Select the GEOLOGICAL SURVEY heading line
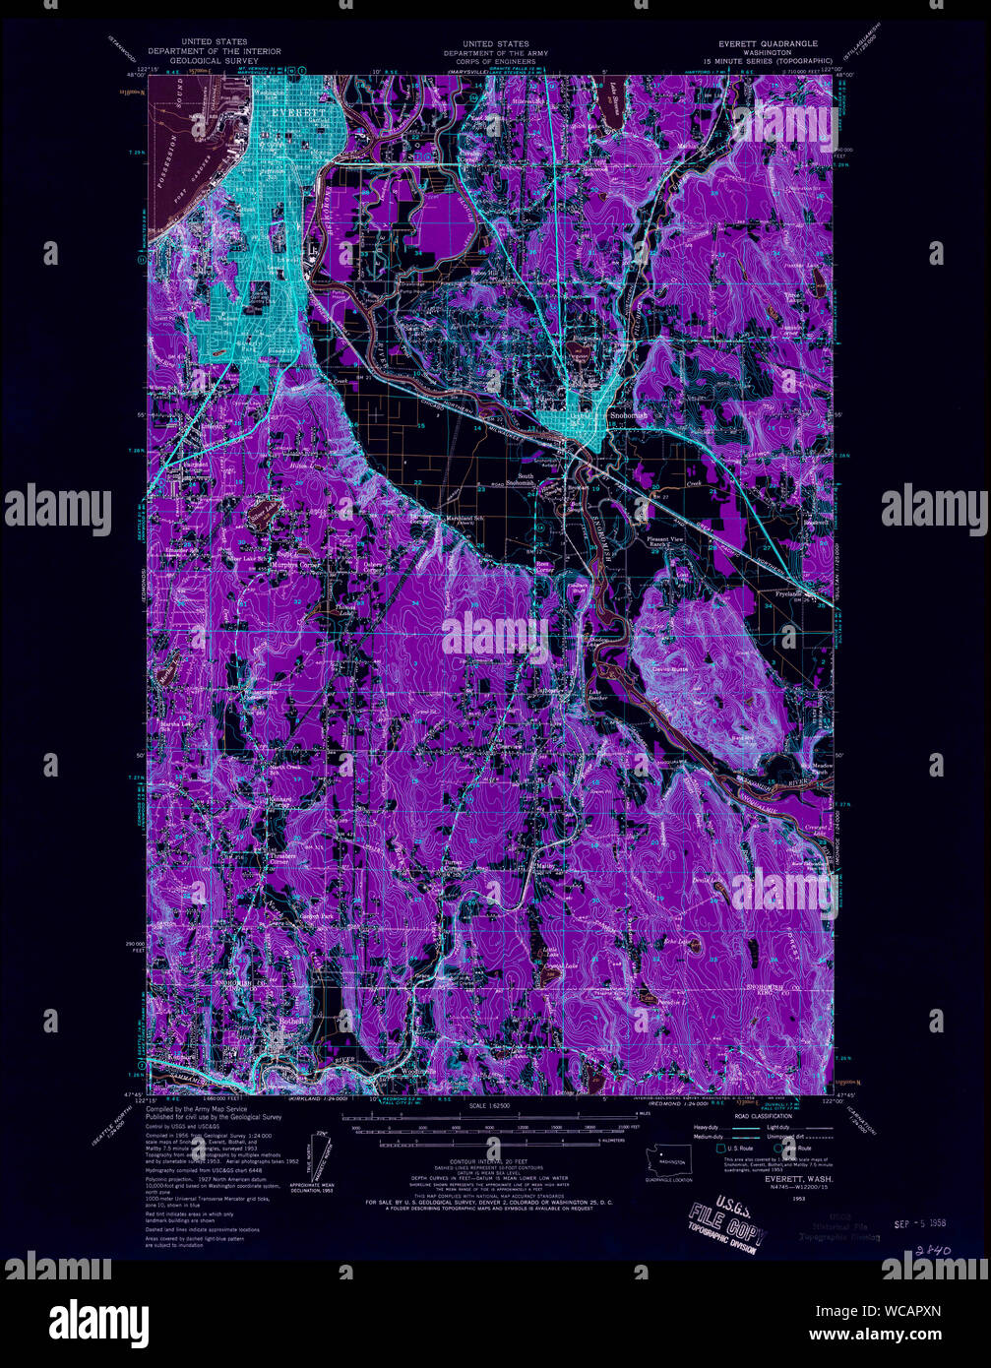(x=214, y=59)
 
